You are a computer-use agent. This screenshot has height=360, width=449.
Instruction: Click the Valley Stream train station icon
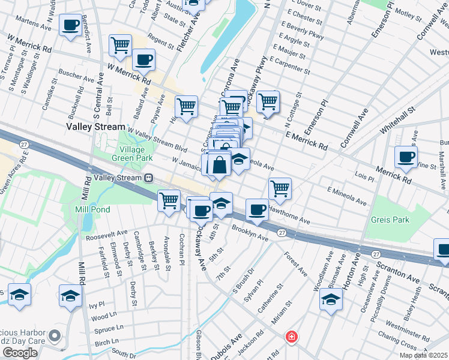pos(147,178)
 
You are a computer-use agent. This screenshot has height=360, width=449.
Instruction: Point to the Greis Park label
pos(390,220)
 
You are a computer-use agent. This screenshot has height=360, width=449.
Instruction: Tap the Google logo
pos(20,353)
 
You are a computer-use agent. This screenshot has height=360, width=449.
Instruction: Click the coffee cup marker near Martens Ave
pos(71,25)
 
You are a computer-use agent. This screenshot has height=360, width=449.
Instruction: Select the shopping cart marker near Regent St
pos(120,44)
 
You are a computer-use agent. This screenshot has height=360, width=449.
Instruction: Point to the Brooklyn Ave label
pos(250,234)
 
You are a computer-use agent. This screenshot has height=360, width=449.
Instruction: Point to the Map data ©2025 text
pos(424,355)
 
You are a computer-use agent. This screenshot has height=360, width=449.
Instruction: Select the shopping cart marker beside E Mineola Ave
pos(280,188)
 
